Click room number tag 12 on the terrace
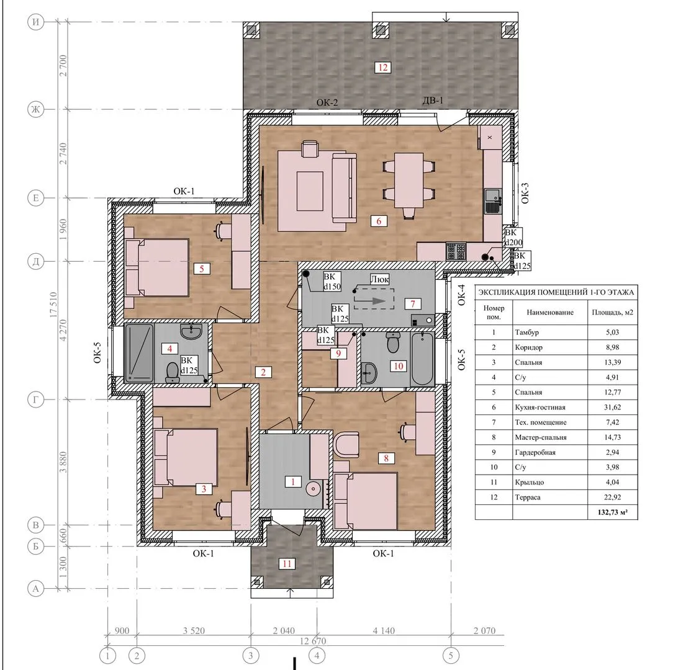pyautogui.click(x=382, y=68)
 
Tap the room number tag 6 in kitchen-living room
pyautogui.click(x=379, y=221)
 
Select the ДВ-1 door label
pyautogui.click(x=433, y=100)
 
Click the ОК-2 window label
pyautogui.click(x=327, y=102)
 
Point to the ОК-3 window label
pyautogui.click(x=525, y=193)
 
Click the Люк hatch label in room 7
pyautogui.click(x=379, y=280)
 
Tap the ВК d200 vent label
pyautogui.click(x=513, y=238)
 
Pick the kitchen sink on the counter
pyautogui.click(x=493, y=201)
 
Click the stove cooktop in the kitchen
pyautogui.click(x=456, y=251)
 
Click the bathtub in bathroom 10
pyautogui.click(x=422, y=359)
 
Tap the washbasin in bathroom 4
pyautogui.click(x=191, y=331)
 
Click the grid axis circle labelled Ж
pyautogui.click(x=35, y=109)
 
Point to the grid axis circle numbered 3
pyautogui.click(x=251, y=655)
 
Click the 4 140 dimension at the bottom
pyautogui.click(x=384, y=630)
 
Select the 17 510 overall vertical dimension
pyautogui.click(x=53, y=305)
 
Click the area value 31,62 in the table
pyautogui.click(x=613, y=407)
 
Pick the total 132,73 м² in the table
pyautogui.click(x=613, y=512)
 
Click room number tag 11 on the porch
pyautogui.click(x=287, y=564)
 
